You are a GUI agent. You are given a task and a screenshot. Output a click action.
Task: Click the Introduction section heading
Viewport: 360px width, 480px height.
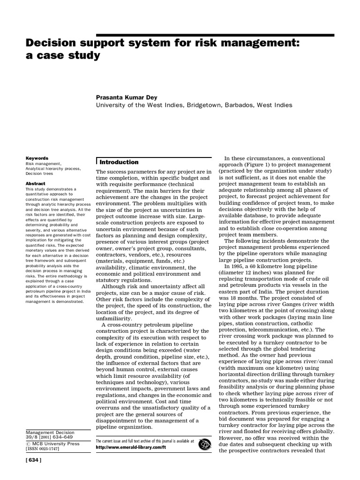click(x=119, y=162)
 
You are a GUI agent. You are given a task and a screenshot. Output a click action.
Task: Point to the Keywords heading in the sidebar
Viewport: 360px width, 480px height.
click(x=37, y=158)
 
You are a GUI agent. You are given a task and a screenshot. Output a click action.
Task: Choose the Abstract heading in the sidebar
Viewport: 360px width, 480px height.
click(x=36, y=184)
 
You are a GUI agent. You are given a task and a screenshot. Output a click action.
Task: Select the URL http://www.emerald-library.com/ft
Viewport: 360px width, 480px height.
click(x=131, y=448)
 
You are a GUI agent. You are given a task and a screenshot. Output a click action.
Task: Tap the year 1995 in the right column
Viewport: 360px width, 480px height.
click(x=235, y=266)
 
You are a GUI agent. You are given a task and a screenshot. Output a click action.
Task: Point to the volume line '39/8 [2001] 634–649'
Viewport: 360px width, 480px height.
click(x=52, y=438)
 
